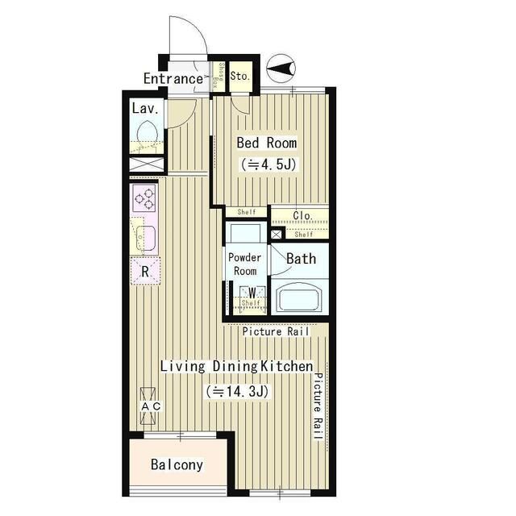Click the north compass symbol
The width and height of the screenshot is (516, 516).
tap(281, 69)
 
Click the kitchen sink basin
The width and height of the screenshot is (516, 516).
tap(146, 239)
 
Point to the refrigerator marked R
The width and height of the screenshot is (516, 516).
tap(145, 271)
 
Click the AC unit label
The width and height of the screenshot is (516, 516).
tap(151, 406)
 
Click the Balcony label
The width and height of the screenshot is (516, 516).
tap(177, 464)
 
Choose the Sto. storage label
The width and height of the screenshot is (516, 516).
tap(240, 76)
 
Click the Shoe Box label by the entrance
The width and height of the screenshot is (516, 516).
tap(218, 77)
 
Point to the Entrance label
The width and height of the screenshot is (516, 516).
tap(173, 79)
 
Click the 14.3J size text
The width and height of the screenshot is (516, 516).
tap(237, 391)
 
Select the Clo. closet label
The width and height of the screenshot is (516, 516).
tap(302, 216)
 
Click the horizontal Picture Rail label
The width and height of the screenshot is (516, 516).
tap(276, 331)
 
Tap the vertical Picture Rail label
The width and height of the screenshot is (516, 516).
tap(318, 406)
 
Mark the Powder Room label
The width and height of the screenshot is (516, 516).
tap(244, 264)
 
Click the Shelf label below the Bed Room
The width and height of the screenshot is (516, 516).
tap(247, 212)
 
